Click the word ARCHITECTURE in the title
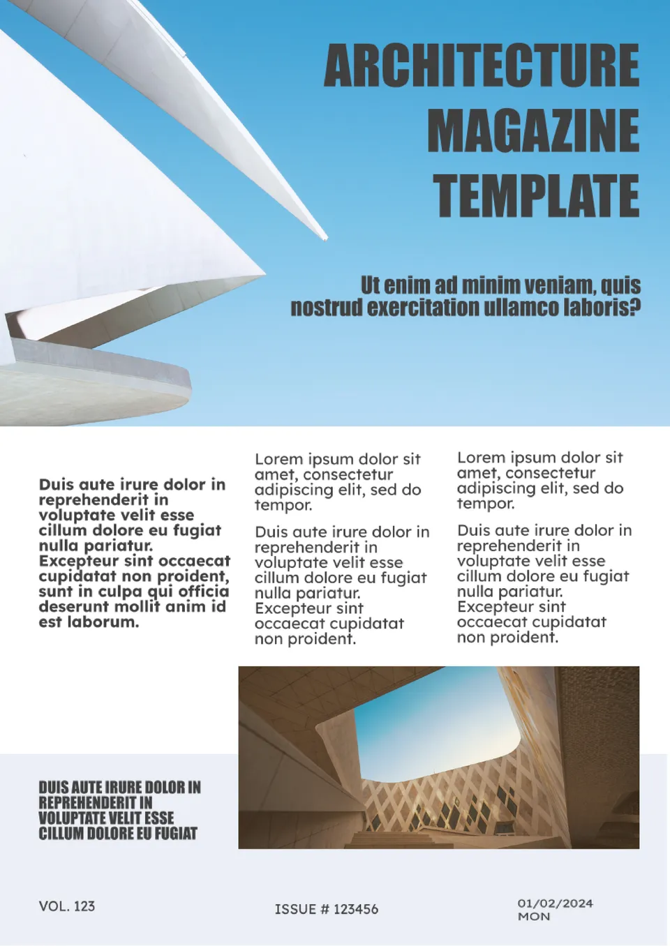pos(482,66)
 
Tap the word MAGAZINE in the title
pos(533,130)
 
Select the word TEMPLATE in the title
pos(536,195)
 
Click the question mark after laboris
pos(634,307)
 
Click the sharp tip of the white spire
pos(325,239)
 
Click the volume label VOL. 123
pos(67,906)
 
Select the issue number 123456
pos(356,909)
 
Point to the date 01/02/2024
pos(555,903)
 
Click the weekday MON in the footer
pos(534,917)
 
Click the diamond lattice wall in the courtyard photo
pos(447,802)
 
